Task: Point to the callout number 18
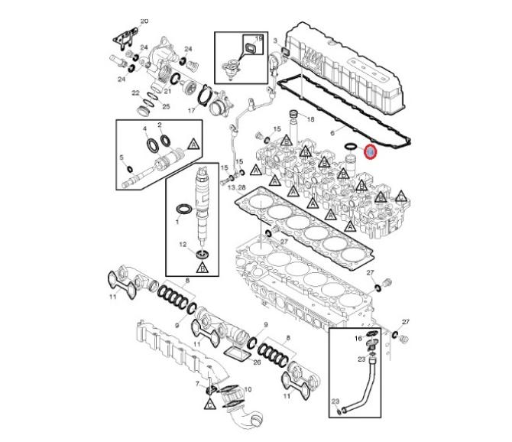[310, 120]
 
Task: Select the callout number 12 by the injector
[183, 244]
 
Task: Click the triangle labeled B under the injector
[202, 268]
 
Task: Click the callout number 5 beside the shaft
[122, 158]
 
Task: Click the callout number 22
[136, 93]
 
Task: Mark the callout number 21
[167, 91]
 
